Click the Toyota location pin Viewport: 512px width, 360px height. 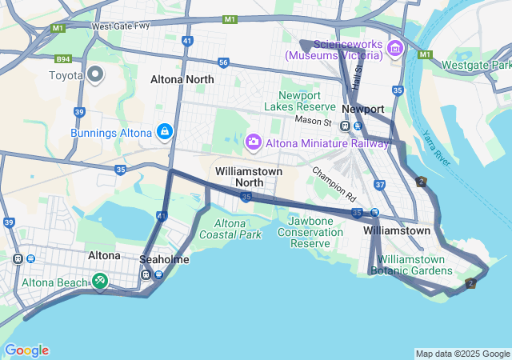coord(95,75)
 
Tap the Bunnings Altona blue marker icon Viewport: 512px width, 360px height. coord(164,131)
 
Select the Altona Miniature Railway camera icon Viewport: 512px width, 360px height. coord(254,142)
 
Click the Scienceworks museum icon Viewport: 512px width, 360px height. coord(394,50)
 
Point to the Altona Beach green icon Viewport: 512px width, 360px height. coord(99,281)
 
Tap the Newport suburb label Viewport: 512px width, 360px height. coord(363,109)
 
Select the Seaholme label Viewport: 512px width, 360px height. coord(164,260)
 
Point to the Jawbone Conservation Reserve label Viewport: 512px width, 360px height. coord(310,232)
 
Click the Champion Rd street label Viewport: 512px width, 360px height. coord(334,183)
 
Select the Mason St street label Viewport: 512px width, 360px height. coord(313,121)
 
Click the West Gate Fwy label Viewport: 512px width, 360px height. coord(121,26)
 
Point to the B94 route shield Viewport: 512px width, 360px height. coord(63,58)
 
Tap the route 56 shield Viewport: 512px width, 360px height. coord(223,62)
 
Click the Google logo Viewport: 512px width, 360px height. coord(26,350)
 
